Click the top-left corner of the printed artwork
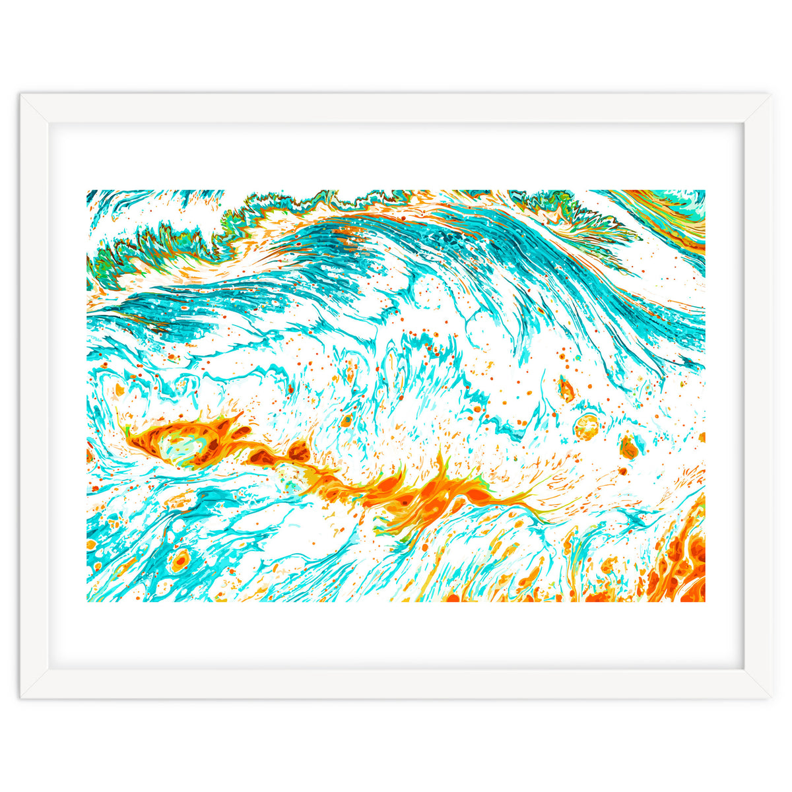(87, 191)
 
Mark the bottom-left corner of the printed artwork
(87, 601)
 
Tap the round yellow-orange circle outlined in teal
(585, 427)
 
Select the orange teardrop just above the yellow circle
(566, 389)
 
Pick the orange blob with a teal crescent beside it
(629, 448)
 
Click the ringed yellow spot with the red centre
(179, 562)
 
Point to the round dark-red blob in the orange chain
(299, 452)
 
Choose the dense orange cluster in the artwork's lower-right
(683, 561)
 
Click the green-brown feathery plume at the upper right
(581, 218)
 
